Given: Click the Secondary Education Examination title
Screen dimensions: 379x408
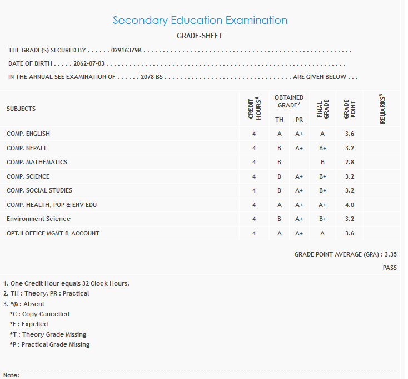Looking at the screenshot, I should (200, 21).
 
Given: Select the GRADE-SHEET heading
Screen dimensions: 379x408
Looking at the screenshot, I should (200, 36).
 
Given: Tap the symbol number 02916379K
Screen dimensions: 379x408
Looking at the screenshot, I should (127, 50).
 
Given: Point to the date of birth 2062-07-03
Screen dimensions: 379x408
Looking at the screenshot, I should (89, 63).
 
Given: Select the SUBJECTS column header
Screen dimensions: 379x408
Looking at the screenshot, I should (21, 109).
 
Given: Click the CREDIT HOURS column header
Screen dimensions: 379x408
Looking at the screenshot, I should (254, 108).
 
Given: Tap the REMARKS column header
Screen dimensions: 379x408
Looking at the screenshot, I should (382, 108).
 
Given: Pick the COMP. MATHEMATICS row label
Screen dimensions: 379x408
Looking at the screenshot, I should (37, 162).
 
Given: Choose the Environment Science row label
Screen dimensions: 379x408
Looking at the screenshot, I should (38, 219).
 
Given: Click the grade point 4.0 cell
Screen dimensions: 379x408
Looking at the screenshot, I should (349, 205).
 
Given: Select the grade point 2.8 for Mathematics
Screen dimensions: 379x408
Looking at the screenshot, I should (349, 162).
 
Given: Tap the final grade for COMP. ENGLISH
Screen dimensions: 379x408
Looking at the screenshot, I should (322, 134).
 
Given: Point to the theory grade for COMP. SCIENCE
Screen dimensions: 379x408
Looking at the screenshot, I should (280, 176).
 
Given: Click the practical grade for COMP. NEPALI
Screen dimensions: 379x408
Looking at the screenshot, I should (299, 148).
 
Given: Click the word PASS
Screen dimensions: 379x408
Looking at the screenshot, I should (390, 268).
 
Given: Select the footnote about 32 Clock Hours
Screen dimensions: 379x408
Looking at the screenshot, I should (67, 283).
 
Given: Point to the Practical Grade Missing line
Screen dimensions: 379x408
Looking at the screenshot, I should (49, 344).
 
